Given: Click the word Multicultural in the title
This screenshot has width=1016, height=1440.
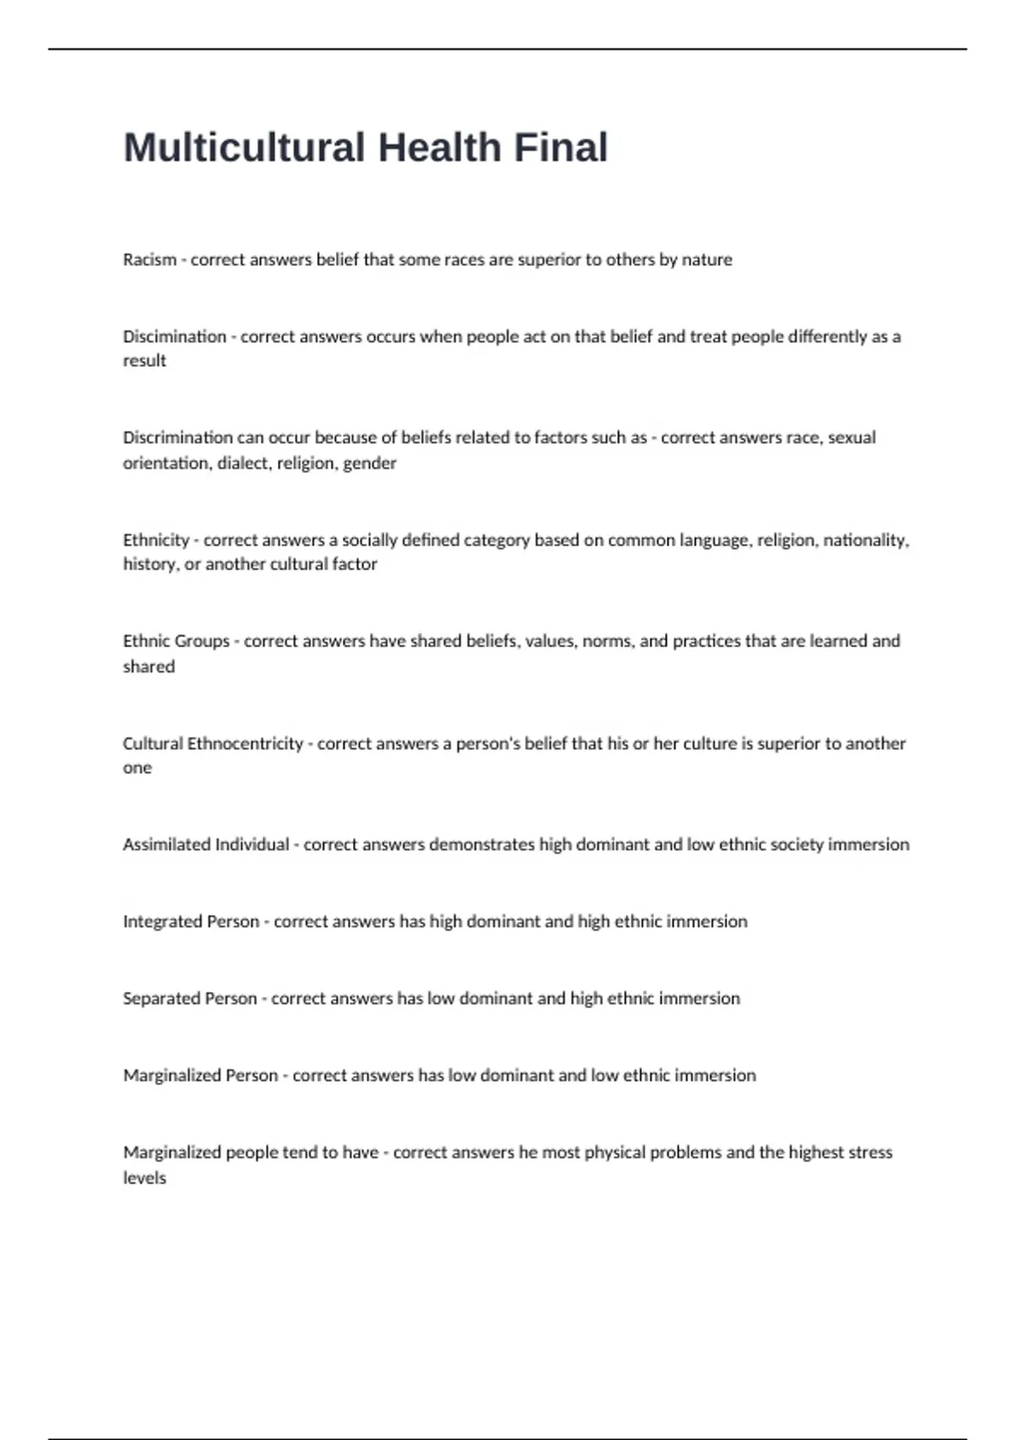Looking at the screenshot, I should (244, 147).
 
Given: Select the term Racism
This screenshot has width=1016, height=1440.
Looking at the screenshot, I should (150, 260).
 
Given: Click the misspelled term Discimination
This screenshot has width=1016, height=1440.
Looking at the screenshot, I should (174, 336).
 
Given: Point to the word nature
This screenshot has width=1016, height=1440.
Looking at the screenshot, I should (707, 260).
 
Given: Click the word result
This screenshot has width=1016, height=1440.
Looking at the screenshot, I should (145, 361).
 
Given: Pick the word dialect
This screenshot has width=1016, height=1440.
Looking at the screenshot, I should (243, 463).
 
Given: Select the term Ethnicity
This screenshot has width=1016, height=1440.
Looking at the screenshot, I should (157, 540).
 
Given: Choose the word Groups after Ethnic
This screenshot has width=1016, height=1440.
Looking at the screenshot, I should (200, 641).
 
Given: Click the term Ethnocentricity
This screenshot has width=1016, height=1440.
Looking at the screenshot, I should (245, 743).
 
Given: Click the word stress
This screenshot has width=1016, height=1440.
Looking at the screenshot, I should (870, 1152).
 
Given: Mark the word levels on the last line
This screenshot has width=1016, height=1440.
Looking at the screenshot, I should (145, 1178).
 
